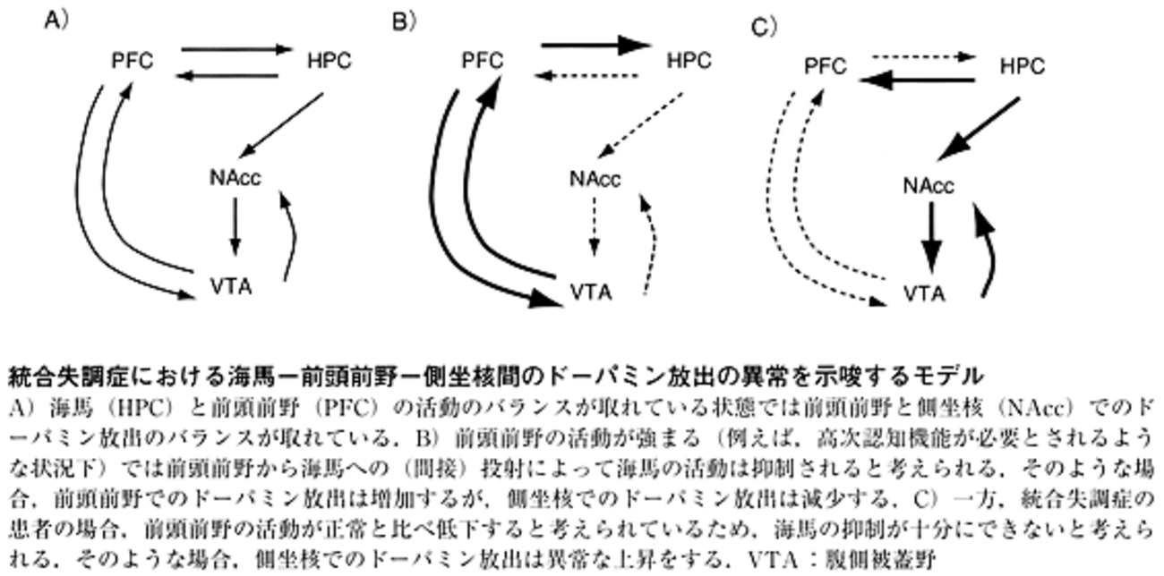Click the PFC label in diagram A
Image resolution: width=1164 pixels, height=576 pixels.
pos(133,61)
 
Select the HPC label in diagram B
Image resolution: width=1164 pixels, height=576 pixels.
pos(689,61)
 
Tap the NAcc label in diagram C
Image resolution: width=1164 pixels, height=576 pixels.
pos(929,186)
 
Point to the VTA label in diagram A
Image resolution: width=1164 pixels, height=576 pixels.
pos(231,286)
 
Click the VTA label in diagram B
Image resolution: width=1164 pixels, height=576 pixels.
pos(591,292)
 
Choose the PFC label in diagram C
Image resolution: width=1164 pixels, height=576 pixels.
pos(826,66)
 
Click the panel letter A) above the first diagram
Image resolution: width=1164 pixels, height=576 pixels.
pos(56,21)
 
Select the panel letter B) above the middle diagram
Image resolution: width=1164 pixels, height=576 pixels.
pos(404,22)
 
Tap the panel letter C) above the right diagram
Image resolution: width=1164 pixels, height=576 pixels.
pos(764,27)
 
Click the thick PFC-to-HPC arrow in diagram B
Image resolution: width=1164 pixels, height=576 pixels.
pos(596,45)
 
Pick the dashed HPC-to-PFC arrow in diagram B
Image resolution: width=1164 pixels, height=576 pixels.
pos(586,76)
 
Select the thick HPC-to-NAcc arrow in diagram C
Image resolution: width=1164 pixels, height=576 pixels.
pos(979,129)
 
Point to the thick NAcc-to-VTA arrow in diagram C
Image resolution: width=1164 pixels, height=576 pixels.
pos(931,238)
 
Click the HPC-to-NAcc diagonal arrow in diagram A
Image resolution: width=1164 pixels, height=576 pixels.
pos(282,125)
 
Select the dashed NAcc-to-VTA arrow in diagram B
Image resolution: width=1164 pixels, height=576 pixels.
pos(595,227)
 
